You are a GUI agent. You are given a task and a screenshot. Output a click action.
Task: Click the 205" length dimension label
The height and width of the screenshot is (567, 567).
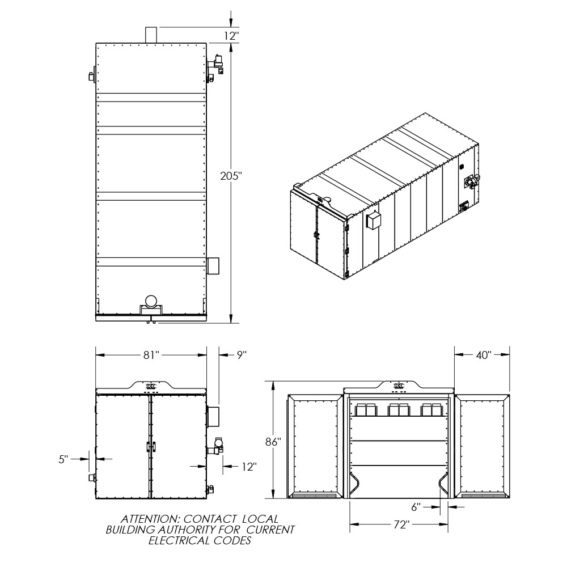pyautogui.click(x=231, y=176)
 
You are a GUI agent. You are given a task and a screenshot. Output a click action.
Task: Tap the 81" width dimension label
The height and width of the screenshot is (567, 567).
pyautogui.click(x=151, y=355)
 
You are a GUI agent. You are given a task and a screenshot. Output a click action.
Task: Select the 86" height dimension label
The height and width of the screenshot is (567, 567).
pyautogui.click(x=273, y=442)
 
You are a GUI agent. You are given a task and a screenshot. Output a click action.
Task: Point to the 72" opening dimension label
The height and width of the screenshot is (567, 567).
pyautogui.click(x=401, y=524)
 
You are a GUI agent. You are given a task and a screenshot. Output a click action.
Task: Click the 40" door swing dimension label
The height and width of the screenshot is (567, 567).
pyautogui.click(x=484, y=355)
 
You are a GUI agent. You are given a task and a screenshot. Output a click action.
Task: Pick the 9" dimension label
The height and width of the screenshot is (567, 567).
pyautogui.click(x=242, y=355)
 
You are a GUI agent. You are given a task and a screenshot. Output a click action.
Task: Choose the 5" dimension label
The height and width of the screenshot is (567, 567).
pyautogui.click(x=64, y=460)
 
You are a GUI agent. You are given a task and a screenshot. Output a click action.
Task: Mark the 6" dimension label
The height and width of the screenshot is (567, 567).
pyautogui.click(x=416, y=507)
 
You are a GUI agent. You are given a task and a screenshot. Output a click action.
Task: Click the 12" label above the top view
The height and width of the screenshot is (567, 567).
pyautogui.click(x=231, y=36)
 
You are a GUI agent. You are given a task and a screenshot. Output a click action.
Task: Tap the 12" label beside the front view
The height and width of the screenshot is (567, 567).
pyautogui.click(x=249, y=467)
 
